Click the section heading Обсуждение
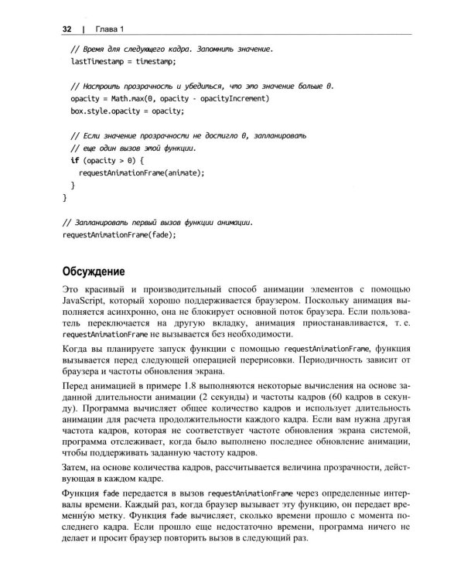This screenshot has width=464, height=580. coord(100,271)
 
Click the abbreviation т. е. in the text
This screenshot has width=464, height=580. coord(404,323)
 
